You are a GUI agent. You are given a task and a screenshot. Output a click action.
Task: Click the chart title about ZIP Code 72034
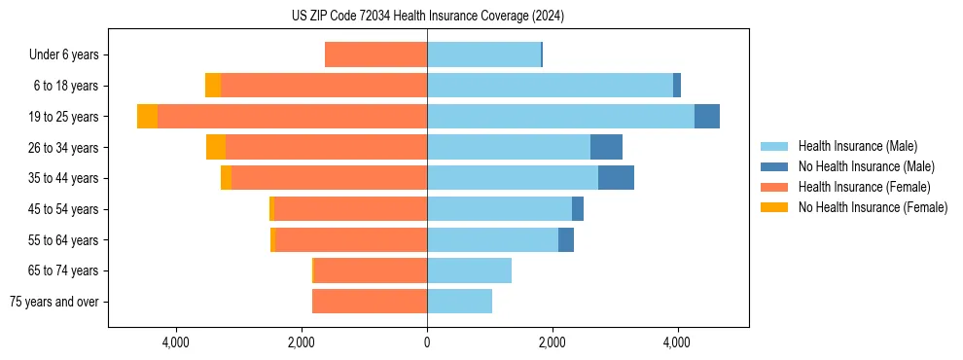click(x=427, y=17)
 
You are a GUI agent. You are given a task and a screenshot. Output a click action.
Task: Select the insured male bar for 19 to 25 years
click(x=560, y=117)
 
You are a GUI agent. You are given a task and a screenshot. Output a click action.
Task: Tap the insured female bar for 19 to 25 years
click(x=292, y=117)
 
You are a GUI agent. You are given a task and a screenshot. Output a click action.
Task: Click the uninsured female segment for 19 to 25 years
click(x=147, y=117)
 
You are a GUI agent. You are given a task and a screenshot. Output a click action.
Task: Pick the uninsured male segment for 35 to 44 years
click(x=616, y=178)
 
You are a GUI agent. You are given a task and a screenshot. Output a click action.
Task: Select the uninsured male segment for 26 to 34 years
click(x=606, y=147)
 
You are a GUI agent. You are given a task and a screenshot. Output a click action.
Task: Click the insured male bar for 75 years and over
click(x=459, y=302)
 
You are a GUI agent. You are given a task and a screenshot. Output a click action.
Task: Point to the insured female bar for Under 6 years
click(x=375, y=55)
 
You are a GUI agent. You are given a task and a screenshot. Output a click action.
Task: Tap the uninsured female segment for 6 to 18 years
click(x=213, y=86)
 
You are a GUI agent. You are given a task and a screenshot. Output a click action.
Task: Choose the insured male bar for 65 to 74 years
click(x=469, y=270)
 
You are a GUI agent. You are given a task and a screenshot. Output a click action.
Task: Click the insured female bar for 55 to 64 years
click(x=351, y=240)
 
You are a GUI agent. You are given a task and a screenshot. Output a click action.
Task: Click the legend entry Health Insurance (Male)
click(x=857, y=146)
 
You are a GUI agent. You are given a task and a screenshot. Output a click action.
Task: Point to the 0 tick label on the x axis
click(x=427, y=342)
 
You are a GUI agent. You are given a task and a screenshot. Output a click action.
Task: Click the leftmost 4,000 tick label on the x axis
click(x=176, y=342)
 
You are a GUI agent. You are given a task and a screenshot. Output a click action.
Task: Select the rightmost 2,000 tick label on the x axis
click(x=552, y=342)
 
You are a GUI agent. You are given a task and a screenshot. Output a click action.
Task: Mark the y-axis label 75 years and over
click(x=53, y=302)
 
